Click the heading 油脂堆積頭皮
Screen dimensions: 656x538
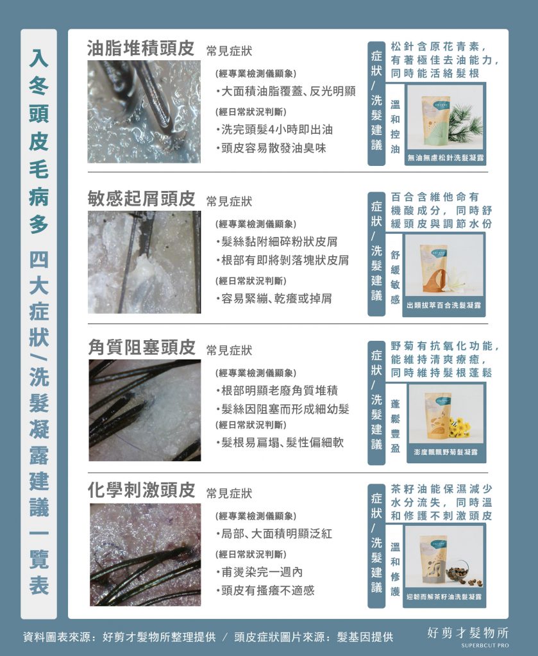click(140, 49)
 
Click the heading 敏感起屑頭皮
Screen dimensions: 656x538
click(140, 199)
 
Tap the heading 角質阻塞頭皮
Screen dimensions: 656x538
click(140, 348)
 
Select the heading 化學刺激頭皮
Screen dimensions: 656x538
click(140, 491)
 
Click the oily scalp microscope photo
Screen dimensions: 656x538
click(144, 111)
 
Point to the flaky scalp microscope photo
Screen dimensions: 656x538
click(144, 261)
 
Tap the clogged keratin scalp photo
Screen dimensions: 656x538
click(144, 410)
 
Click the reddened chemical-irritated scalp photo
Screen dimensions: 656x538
click(144, 554)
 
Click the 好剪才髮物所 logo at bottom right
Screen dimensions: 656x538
click(467, 635)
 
